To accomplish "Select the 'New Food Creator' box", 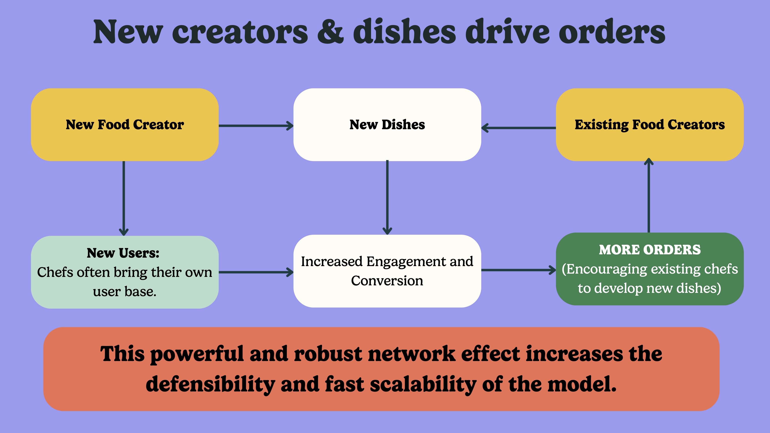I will (x=125, y=125).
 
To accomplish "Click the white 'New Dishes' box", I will (x=387, y=125).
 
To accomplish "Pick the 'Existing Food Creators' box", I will (x=649, y=125).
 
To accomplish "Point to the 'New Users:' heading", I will (x=123, y=253).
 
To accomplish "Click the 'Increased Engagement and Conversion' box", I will (x=387, y=271).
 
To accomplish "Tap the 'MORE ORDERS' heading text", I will (x=649, y=250).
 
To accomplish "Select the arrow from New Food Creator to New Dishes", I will (x=256, y=126).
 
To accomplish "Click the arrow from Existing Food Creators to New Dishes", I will (x=519, y=128).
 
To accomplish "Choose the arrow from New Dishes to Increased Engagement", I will (x=387, y=197).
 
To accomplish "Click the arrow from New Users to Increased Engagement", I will (x=256, y=272).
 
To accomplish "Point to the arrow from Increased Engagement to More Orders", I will (x=519, y=270).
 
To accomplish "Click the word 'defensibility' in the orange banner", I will (x=210, y=384).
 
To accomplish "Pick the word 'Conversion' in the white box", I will (x=387, y=281).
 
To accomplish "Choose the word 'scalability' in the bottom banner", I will (x=423, y=384).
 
